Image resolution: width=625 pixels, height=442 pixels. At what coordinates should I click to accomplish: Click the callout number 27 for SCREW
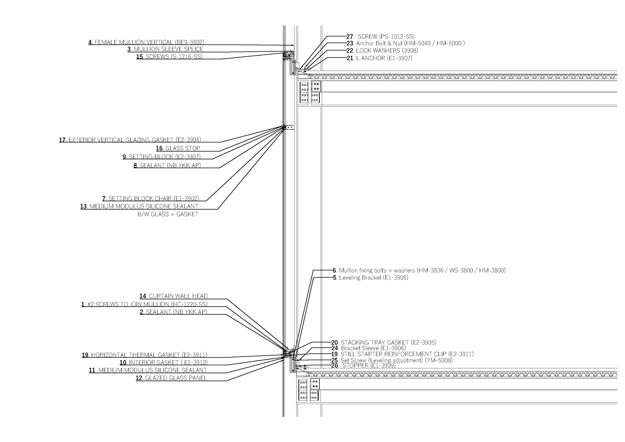pos(350,36)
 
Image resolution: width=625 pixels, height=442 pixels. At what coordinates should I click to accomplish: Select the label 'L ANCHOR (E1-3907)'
pos(384,58)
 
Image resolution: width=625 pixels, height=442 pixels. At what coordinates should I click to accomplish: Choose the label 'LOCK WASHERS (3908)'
pos(387,51)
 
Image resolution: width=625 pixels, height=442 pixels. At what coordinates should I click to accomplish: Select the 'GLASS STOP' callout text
pos(183,148)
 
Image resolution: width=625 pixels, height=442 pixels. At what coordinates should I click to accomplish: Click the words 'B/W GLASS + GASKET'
pos(168,214)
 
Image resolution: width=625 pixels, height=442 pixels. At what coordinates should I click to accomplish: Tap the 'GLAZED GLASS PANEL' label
pos(176,378)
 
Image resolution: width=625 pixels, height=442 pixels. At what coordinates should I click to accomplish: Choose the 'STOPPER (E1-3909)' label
pos(369,365)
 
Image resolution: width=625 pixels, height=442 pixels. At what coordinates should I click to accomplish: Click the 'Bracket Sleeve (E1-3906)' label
pos(373,348)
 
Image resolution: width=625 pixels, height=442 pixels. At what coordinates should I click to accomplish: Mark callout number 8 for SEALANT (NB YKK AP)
pos(135,165)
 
